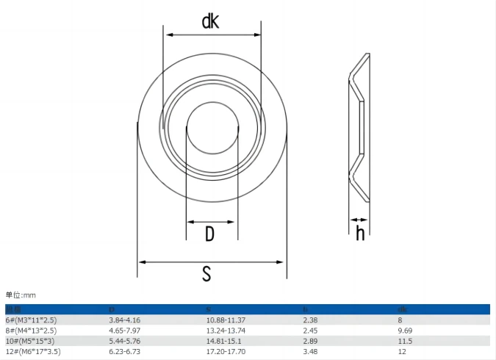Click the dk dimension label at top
click(211, 21)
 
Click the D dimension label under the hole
click(209, 234)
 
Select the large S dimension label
click(207, 273)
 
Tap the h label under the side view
click(360, 233)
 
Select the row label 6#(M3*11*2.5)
click(31, 320)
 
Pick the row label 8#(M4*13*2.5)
click(31, 331)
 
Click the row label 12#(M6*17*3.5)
click(33, 352)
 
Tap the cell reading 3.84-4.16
click(124, 320)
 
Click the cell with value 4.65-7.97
click(124, 331)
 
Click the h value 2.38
click(310, 320)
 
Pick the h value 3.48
click(310, 352)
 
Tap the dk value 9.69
click(405, 331)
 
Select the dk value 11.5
click(405, 341)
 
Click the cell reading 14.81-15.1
click(223, 341)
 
